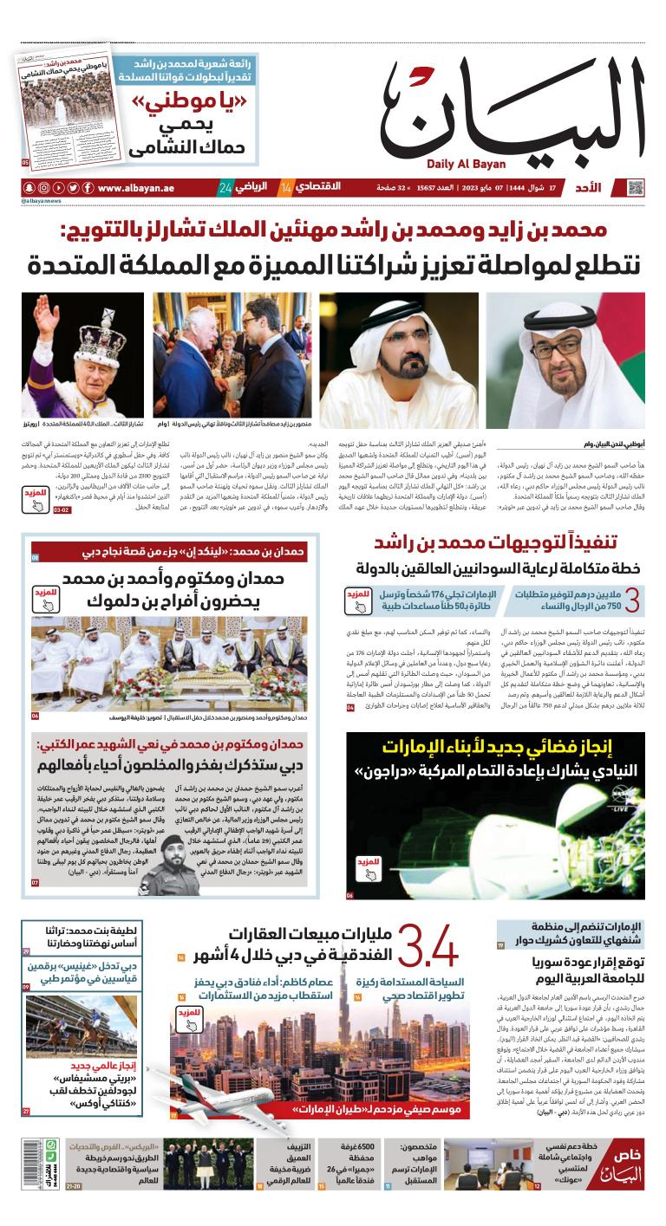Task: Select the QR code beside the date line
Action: coord(636,188)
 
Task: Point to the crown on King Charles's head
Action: coord(107,335)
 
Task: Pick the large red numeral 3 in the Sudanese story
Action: coord(632,600)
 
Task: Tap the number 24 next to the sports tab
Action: coord(225,188)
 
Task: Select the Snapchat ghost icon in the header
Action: coord(29,188)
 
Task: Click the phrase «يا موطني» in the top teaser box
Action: coord(190,105)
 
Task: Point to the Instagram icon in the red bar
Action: coord(43,188)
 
